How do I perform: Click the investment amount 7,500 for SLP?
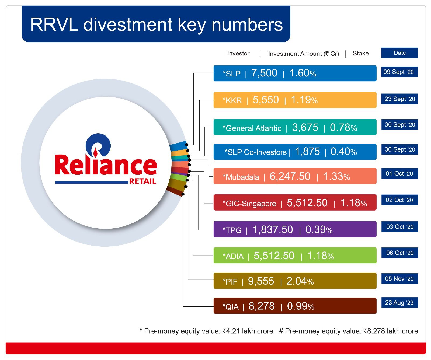[x=264, y=73]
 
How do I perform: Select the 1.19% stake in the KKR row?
[x=304, y=100]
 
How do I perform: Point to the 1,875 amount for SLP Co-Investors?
[x=307, y=152]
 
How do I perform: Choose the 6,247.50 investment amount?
[x=290, y=177]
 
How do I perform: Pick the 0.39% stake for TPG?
[x=319, y=230]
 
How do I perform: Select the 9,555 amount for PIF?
[x=261, y=281]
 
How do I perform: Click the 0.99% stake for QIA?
[x=301, y=306]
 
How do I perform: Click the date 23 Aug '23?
[x=399, y=303]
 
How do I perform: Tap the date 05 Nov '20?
[x=399, y=279]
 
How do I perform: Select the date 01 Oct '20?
[x=399, y=174]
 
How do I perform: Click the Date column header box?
[x=399, y=53]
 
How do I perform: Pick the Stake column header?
[x=361, y=53]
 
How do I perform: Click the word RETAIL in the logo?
[x=143, y=181]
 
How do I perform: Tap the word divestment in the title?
[x=128, y=25]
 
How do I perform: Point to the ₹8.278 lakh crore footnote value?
[x=391, y=331]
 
